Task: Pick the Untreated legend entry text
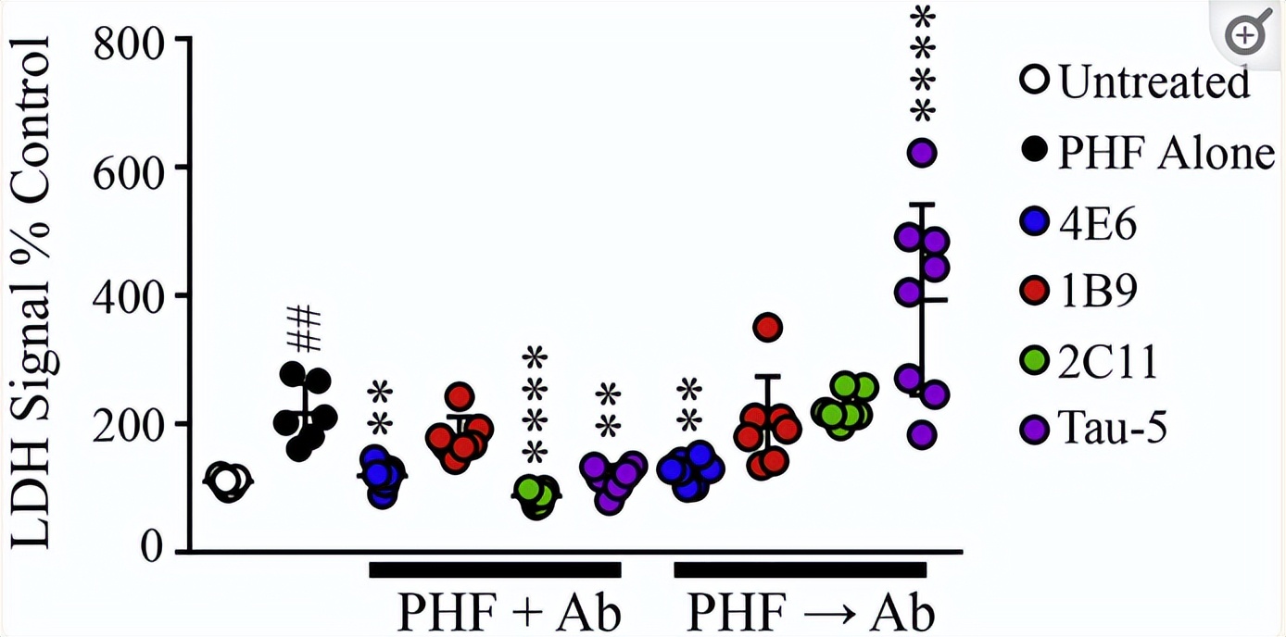click(1154, 83)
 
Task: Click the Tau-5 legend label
click(1117, 430)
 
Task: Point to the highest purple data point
click(922, 152)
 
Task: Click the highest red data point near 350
click(768, 327)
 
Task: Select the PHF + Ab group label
click(509, 612)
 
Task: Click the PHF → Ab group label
click(810, 612)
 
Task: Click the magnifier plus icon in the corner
click(1244, 37)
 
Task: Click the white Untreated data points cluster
click(227, 481)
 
